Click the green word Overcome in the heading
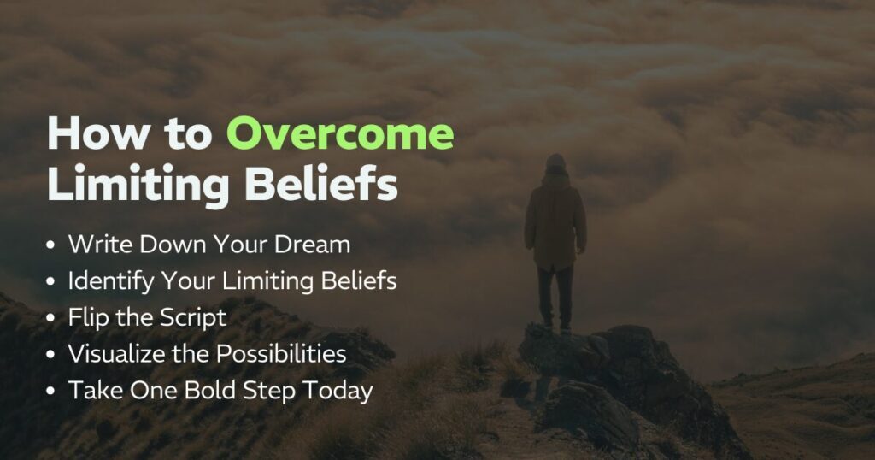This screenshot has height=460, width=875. [x=340, y=135]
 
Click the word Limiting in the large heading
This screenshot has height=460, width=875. [x=129, y=186]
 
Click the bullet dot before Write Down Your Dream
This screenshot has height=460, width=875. [x=52, y=245]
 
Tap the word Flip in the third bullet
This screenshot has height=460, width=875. [x=85, y=318]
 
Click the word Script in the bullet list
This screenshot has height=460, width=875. [x=196, y=318]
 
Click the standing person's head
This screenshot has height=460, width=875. [x=555, y=162]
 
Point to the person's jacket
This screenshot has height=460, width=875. [x=555, y=218]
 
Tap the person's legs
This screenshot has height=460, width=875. [x=555, y=295]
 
